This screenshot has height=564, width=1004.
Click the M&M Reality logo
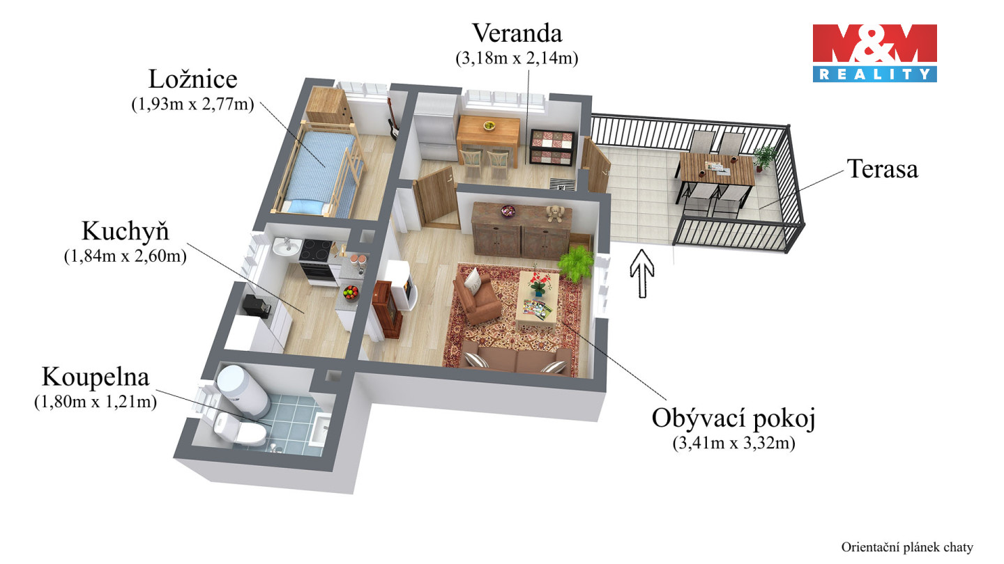[x=874, y=53]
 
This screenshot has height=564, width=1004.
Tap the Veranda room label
[x=517, y=33]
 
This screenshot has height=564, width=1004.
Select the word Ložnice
[x=192, y=79]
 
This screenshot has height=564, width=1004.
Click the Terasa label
[x=882, y=169]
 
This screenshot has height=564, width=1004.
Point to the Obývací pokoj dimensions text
[x=733, y=443]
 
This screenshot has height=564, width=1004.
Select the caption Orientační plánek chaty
[x=906, y=547]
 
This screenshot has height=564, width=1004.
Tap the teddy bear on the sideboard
[x=554, y=213]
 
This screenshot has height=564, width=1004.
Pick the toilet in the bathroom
[x=239, y=428]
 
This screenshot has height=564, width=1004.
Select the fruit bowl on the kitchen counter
[x=351, y=291]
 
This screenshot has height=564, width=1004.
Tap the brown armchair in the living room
[x=477, y=298]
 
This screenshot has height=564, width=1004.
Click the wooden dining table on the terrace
[x=716, y=168]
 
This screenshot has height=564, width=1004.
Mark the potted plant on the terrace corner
[x=765, y=157]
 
